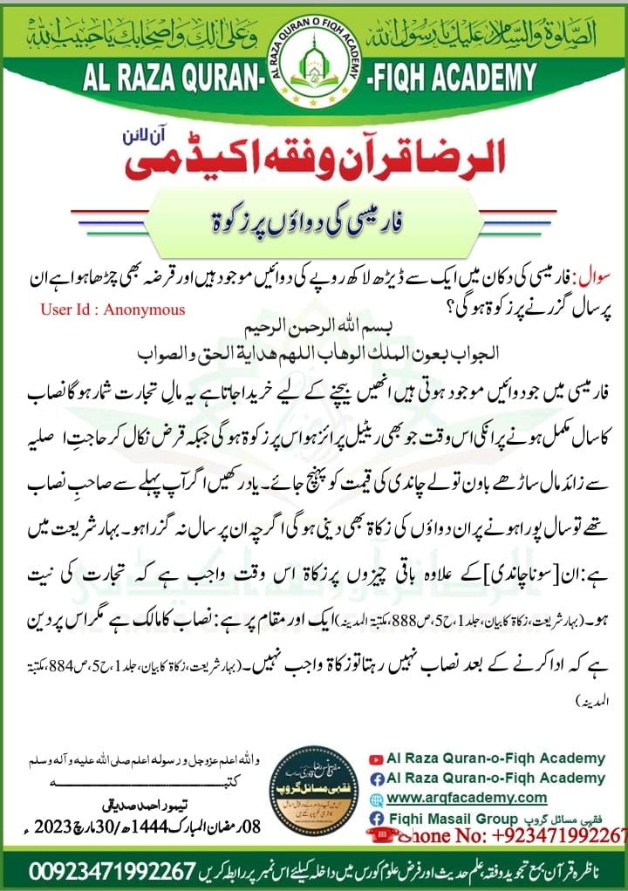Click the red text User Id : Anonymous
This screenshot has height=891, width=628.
point(113,309)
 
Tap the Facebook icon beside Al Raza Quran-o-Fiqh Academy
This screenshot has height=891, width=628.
point(377,778)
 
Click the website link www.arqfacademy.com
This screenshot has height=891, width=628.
point(467,797)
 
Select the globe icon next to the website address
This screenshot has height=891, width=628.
point(377,798)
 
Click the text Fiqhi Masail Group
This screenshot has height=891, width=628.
point(443,818)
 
